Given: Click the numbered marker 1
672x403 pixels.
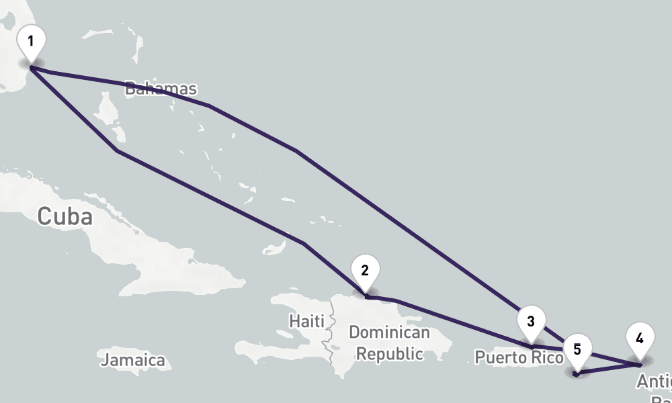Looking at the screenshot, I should [x=31, y=42].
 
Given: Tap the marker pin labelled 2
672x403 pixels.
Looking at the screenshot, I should [x=365, y=271].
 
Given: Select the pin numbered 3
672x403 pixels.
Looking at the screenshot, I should [x=531, y=321].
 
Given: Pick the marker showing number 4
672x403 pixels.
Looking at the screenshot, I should [x=640, y=339].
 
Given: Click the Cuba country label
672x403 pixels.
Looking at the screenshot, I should [x=65, y=217].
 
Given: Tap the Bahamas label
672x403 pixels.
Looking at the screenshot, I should [x=161, y=89].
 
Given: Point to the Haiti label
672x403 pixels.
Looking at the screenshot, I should [x=307, y=320].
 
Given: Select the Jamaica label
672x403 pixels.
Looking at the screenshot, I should [x=133, y=360].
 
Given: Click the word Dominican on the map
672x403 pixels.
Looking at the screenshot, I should [x=389, y=332].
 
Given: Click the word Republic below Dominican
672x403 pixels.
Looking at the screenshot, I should [x=389, y=353].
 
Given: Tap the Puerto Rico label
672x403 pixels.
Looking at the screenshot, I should [x=518, y=357].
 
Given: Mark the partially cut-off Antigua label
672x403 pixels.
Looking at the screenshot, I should [x=655, y=382].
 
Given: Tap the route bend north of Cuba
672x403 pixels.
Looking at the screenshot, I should [x=118, y=151].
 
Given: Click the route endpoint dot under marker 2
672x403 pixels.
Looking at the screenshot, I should [x=367, y=296].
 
